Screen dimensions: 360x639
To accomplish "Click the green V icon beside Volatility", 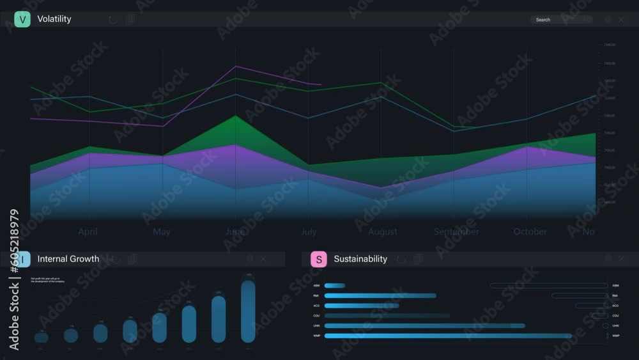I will [22, 19].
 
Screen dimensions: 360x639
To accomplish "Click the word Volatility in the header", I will [54, 19].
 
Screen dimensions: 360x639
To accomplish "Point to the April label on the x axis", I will [88, 231].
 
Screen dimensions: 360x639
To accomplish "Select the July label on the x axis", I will [309, 231].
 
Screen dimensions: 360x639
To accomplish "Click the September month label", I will [456, 231].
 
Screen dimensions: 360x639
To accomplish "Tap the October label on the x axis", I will [530, 231].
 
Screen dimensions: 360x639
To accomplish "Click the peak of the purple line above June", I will [236, 67].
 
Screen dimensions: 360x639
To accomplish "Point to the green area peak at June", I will [236, 116].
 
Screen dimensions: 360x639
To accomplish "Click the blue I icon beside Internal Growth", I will [22, 259].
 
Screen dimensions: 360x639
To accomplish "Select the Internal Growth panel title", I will [68, 259].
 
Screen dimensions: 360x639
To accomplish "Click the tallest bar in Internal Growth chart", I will [248, 311].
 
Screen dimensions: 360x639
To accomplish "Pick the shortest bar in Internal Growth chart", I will [41, 336].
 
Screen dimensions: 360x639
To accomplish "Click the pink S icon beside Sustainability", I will [318, 259].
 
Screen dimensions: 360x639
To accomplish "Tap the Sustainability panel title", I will [360, 259].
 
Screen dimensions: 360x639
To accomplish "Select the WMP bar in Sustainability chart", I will [447, 336].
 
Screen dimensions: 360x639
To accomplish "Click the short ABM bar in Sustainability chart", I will [334, 286].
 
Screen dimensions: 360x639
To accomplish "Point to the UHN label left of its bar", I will [316, 326].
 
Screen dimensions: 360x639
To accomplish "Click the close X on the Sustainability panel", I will [621, 259].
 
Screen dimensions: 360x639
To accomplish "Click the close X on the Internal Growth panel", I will [263, 259].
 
